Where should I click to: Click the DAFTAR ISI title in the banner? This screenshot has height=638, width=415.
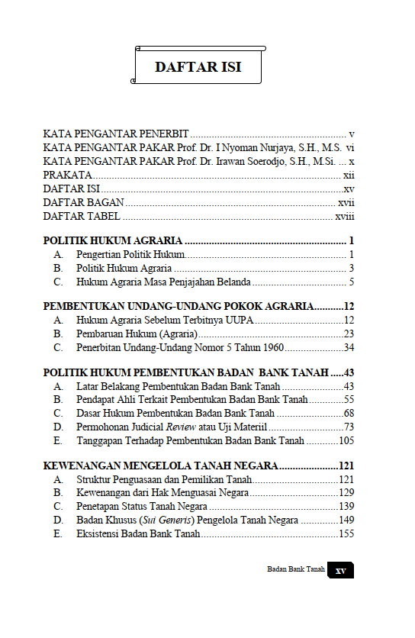198,67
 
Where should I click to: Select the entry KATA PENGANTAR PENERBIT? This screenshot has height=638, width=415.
116,133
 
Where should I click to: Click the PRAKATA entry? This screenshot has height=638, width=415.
67,175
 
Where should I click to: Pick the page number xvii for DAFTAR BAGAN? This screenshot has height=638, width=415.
346,202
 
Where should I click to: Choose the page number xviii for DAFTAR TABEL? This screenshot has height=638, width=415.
345,216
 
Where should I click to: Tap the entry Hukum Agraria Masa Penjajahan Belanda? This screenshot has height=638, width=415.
163,282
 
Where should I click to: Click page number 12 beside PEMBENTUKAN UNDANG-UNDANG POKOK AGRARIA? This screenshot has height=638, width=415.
349,306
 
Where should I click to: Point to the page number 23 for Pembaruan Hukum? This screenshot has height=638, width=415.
349,334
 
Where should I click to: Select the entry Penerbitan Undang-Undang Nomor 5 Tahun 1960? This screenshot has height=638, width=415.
180,348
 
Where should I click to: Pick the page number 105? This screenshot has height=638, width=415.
346,441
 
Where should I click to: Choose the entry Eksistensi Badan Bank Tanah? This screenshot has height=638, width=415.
138,534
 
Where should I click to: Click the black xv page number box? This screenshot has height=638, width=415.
340,571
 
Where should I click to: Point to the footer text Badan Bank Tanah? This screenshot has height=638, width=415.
296,569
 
